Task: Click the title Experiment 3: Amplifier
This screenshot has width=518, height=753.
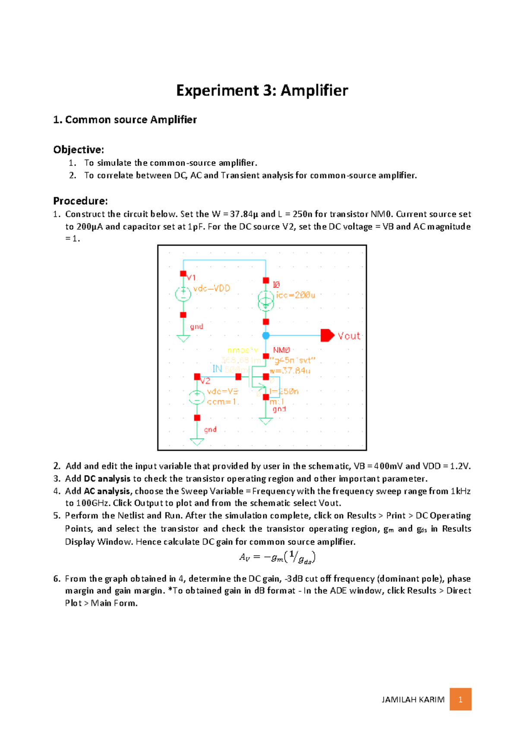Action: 262,91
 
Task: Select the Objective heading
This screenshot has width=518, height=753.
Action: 79,150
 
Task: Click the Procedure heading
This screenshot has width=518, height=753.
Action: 80,201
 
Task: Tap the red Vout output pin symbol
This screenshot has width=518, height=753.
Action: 327,335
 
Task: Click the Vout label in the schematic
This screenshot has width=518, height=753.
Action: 348,336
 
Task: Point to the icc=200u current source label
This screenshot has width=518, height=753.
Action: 296,295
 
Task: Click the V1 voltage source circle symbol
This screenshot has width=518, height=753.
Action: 183,294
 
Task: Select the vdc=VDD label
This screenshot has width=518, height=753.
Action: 212,288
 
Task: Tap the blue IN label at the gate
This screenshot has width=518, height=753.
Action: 217,369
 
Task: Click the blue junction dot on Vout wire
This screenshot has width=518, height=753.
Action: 266,335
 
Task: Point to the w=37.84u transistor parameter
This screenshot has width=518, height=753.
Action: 290,371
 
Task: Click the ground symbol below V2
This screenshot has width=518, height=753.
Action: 197,441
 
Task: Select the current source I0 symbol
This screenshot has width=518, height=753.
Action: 266,300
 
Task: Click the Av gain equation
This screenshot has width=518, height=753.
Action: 277,557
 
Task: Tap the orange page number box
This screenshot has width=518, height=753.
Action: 460,699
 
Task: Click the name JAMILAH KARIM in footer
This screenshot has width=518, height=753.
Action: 413,700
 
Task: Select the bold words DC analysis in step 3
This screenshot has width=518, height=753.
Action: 107,478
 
